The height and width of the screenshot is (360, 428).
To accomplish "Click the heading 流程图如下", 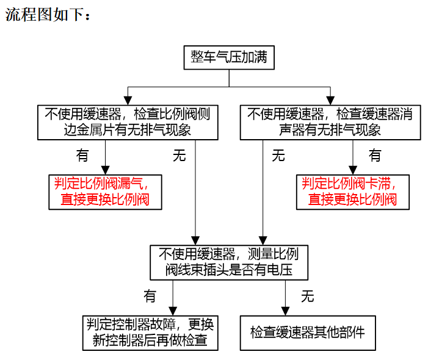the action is [45, 15].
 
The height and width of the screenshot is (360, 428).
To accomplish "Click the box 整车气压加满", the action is [229, 57].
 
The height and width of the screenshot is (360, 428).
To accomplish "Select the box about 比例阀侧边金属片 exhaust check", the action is [128, 123].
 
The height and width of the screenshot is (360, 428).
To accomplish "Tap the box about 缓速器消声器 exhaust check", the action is [330, 123].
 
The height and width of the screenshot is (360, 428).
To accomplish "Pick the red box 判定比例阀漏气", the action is [105, 192].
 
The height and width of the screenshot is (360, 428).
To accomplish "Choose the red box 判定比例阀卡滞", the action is [353, 192].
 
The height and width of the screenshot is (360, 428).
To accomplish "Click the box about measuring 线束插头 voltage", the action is [229, 262].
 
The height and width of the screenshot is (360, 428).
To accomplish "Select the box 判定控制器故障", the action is [150, 333].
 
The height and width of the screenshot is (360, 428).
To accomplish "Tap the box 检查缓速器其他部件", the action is [308, 333].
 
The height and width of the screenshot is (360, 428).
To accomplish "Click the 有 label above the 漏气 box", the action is [82, 156].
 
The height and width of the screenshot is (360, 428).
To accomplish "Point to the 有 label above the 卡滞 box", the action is [375, 156].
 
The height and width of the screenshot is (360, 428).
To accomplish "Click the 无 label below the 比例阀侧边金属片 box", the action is [180, 156].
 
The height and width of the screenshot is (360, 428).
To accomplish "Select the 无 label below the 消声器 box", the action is [278, 156].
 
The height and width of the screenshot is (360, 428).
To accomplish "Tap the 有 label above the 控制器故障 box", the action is [150, 296].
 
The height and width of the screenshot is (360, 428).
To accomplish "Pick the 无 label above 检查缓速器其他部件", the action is [308, 296].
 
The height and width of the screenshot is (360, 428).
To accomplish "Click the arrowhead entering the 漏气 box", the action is [106, 170].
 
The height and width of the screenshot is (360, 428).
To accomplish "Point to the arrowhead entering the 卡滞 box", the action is [353, 170].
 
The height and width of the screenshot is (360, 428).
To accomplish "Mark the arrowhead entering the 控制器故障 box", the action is [173, 311].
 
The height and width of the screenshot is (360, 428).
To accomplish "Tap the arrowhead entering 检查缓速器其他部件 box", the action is [285, 311].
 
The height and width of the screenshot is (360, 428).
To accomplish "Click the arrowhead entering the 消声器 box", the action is [330, 100].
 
